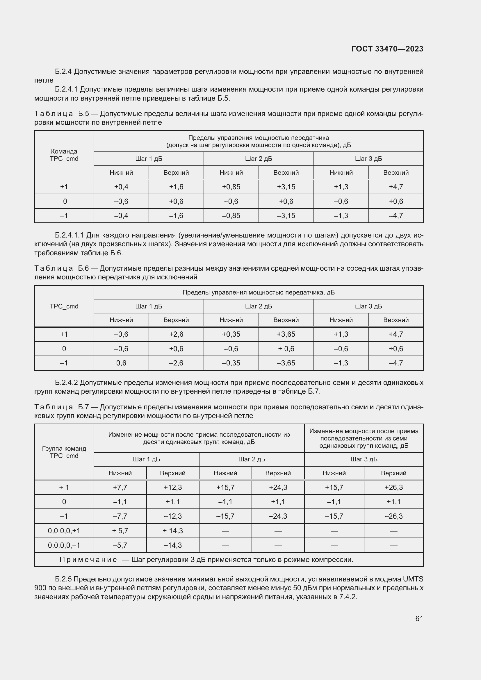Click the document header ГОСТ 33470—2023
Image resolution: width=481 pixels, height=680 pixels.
(x=387, y=49)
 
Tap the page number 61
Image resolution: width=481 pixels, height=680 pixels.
(x=419, y=618)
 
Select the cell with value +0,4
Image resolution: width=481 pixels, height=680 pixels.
(x=121, y=187)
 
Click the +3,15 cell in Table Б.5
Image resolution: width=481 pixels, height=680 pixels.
(x=286, y=187)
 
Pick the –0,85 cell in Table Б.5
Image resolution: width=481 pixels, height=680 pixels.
(x=231, y=216)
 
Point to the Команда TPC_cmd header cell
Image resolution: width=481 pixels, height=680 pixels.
(x=64, y=155)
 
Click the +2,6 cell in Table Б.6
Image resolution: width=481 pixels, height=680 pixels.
(x=176, y=334)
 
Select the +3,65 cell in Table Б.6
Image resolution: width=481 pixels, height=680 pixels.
(x=286, y=334)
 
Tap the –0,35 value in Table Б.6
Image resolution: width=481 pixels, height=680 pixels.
(x=231, y=363)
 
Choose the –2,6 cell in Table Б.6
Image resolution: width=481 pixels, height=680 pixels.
(x=176, y=363)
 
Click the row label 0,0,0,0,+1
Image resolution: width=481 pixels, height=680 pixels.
(x=64, y=531)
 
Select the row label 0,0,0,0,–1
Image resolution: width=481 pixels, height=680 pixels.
(x=64, y=545)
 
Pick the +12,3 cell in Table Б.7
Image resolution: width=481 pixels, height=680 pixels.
(x=173, y=487)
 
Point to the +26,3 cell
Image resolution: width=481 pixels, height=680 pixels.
(x=393, y=487)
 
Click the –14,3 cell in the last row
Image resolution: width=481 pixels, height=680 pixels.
(x=173, y=545)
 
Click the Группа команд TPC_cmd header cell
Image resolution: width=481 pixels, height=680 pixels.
(x=64, y=452)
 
